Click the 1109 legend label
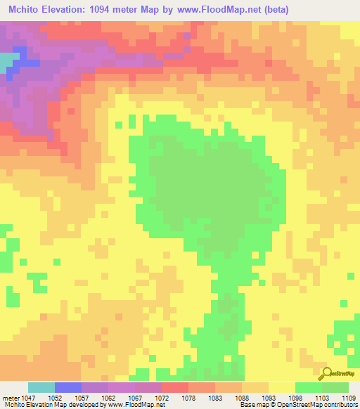tap(349, 398)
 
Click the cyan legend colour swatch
tap(41, 387)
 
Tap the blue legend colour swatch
tap(68, 387)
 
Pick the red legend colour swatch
tap(175, 387)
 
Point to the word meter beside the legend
tap(12, 398)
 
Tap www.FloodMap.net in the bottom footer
tap(133, 405)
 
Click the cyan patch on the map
tap(6, 61)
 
